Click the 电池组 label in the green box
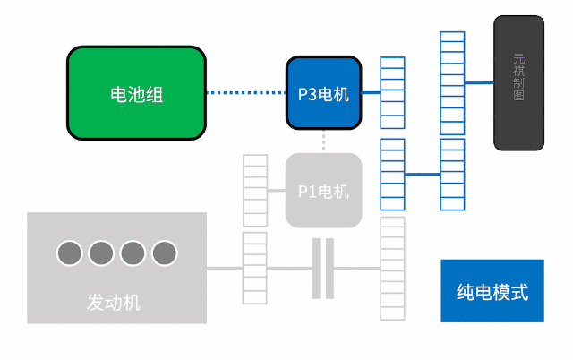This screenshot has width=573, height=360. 136,94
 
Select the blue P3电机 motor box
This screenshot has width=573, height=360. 323,93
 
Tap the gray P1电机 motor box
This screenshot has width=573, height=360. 323,191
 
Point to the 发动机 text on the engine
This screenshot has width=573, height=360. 114,302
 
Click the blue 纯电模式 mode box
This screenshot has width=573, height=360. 492,291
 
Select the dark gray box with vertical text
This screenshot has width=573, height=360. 518,82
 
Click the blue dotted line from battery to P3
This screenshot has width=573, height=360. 244,93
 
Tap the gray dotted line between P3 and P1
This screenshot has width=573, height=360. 323,141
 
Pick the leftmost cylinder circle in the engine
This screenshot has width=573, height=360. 70,253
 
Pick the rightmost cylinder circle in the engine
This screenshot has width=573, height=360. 164,253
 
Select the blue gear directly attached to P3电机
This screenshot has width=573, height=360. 392,93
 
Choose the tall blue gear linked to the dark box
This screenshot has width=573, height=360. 452,82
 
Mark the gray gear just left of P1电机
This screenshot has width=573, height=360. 255,191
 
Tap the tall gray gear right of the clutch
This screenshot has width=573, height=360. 392,269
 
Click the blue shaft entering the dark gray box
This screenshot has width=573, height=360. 479,82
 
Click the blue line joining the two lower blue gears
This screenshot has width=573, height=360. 422,174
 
